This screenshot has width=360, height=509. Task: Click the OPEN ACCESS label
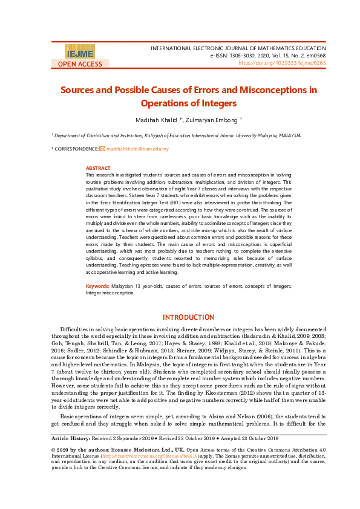[80, 64]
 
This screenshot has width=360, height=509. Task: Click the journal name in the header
[238, 47]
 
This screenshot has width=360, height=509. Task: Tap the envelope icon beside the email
[102, 149]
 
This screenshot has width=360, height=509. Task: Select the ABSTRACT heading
[98, 168]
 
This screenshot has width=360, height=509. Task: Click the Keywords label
[97, 285]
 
